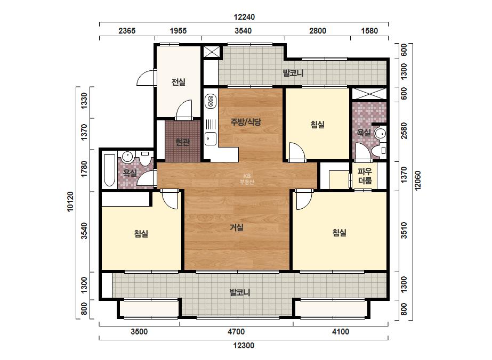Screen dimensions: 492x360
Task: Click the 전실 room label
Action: tap(178, 82)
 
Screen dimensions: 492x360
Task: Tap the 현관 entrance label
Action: tap(183, 142)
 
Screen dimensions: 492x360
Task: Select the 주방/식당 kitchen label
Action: tap(246, 121)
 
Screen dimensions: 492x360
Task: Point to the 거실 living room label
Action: tap(237, 227)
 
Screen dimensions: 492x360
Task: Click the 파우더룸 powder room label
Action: tap(365, 176)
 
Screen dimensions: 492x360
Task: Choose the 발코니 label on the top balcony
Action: tap(293, 73)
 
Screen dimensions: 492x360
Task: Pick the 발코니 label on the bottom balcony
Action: tap(240, 292)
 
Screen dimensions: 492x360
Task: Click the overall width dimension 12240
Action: tap(244, 17)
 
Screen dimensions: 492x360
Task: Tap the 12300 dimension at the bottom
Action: tap(244, 346)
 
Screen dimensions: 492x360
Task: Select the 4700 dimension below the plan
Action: tap(236, 331)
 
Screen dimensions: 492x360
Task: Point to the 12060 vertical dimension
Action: tap(417, 181)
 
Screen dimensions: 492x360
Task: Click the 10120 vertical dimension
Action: tap(70, 201)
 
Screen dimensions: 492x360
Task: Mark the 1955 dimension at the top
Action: tap(178, 31)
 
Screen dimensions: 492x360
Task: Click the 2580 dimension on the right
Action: tap(404, 130)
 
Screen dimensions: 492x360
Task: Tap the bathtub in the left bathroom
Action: tap(109, 170)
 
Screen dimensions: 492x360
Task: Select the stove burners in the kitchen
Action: tap(210, 101)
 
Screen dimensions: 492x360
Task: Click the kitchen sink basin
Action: tap(210, 138)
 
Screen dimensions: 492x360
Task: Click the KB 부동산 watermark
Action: tap(247, 179)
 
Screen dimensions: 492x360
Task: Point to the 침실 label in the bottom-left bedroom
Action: tap(141, 233)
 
